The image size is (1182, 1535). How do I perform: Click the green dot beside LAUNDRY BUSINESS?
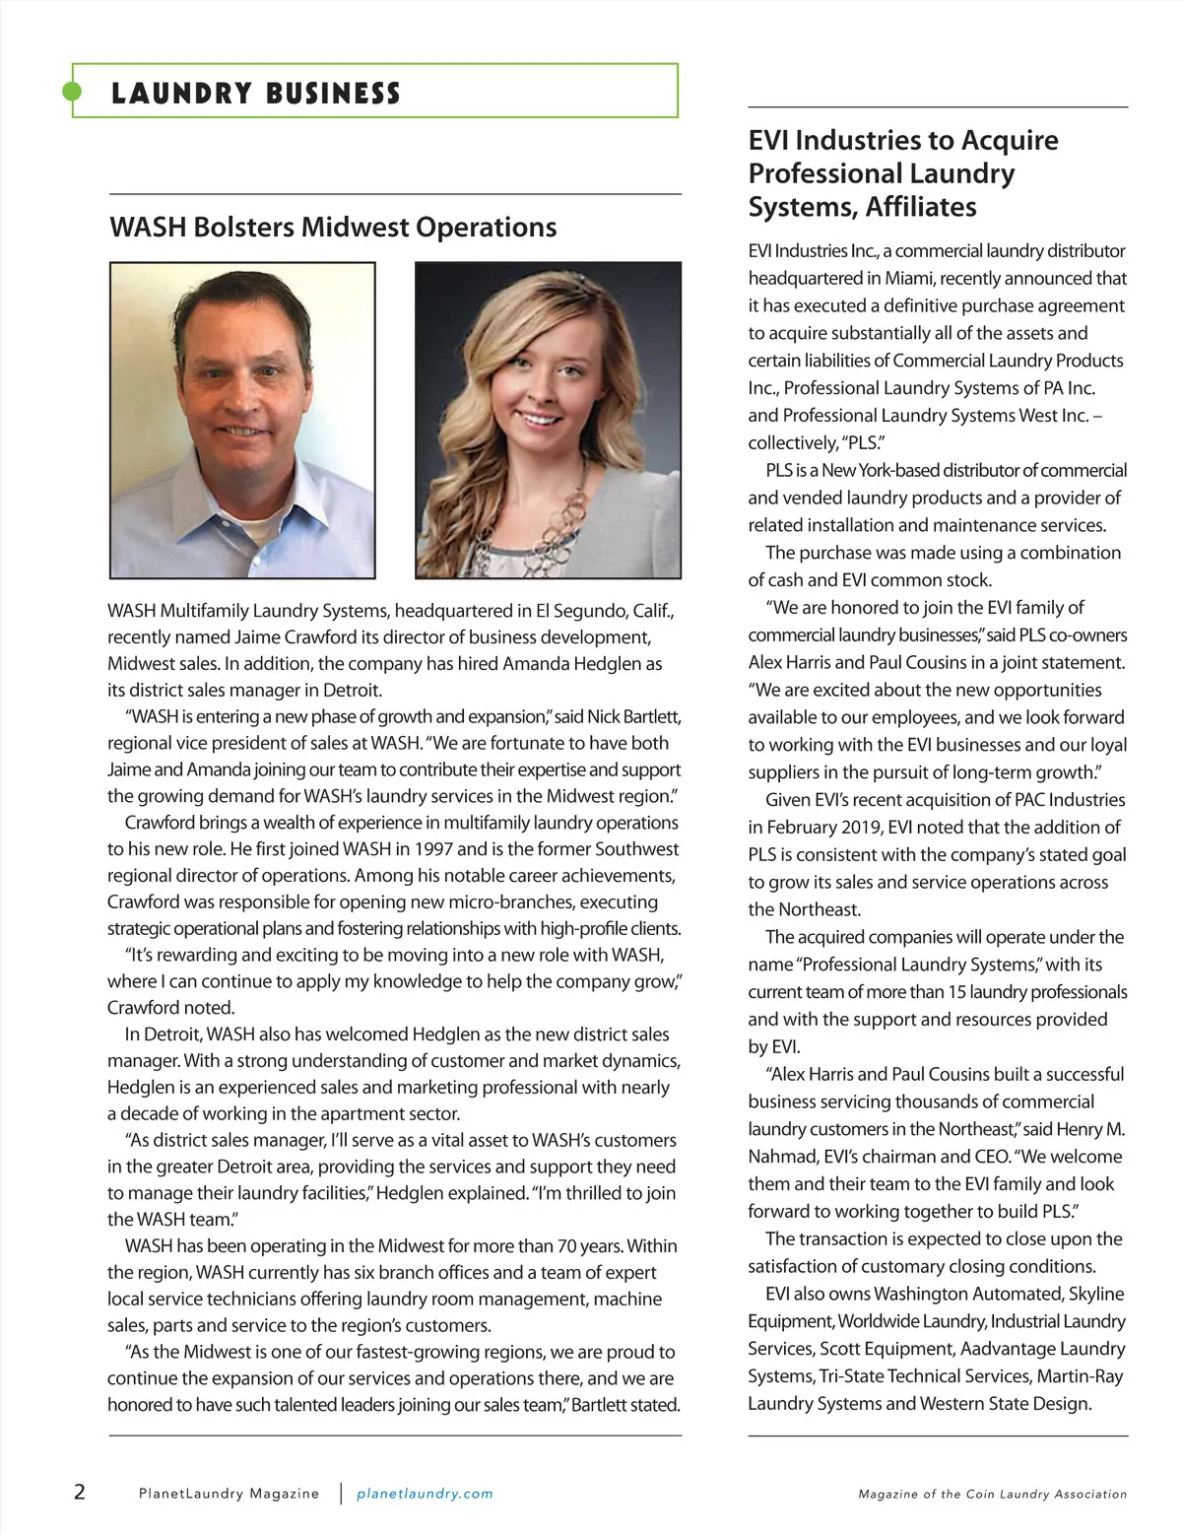(72, 92)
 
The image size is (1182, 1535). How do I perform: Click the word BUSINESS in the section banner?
(333, 94)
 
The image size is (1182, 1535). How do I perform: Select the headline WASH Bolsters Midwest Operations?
(333, 228)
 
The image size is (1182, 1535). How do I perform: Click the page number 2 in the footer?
(80, 1492)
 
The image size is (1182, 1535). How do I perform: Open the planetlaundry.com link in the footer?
(425, 1494)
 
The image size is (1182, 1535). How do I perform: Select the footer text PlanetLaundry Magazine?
(229, 1494)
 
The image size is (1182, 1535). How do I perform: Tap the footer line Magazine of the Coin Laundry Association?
(992, 1494)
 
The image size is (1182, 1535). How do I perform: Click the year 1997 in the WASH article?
(433, 849)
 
